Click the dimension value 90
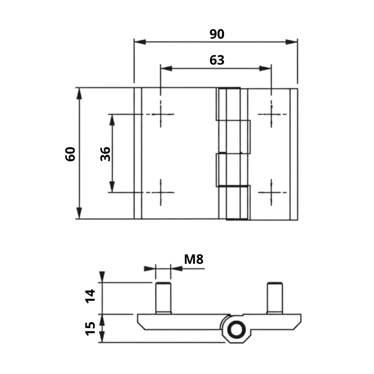[x=217, y=34]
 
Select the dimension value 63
[x=217, y=60]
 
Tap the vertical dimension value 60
[x=70, y=154]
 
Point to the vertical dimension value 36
[x=105, y=154]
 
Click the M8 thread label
[x=194, y=259]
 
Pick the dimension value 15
[x=90, y=328]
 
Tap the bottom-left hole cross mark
[x=160, y=192]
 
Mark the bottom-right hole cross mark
[x=271, y=192]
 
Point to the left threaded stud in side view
[x=163, y=298]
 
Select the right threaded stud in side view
[x=274, y=298]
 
